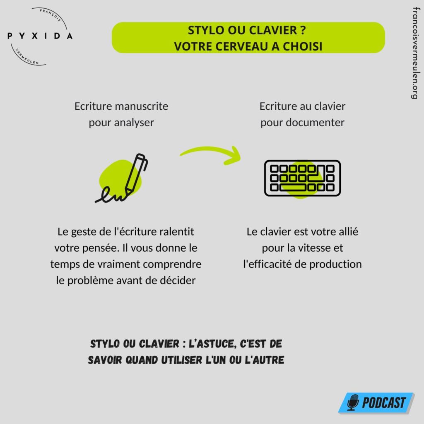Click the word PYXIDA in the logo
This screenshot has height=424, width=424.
tap(40, 36)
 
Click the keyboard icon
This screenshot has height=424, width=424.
tap(302, 178)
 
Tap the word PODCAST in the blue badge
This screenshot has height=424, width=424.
tap(384, 402)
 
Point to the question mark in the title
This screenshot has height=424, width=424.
tap(303, 30)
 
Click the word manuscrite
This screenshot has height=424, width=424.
tap(142, 106)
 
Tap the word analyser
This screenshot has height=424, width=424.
tap(134, 123)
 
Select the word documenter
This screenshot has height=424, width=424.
tap(315, 123)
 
